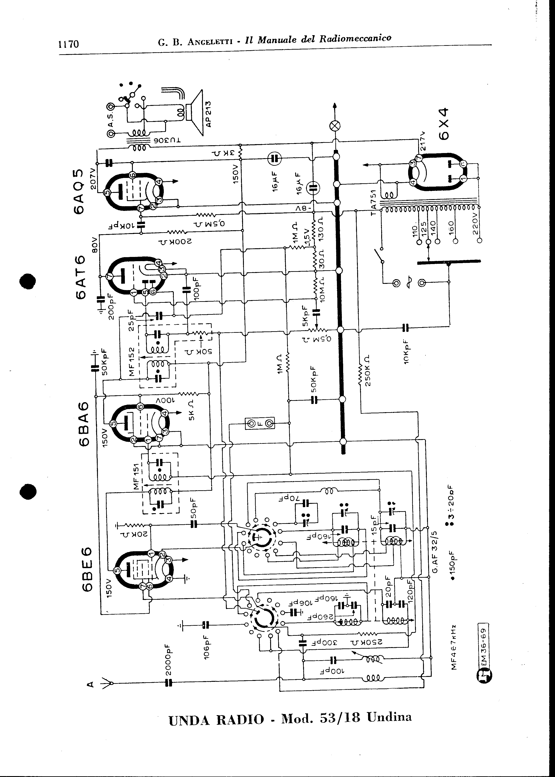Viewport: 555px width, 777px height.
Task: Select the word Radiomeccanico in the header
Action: pyautogui.click(x=355, y=38)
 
